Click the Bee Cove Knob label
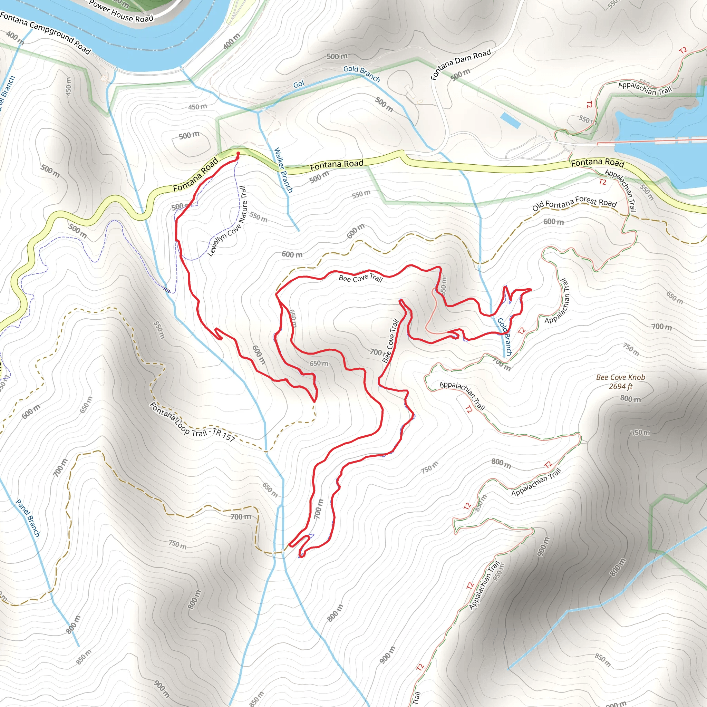point(621,377)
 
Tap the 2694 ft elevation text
point(621,386)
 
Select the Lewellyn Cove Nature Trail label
point(227,221)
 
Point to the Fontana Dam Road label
point(461,65)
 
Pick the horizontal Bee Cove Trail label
point(360,278)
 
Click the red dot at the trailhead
point(238,153)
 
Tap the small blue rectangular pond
point(511,120)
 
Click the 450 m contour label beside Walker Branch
point(197,107)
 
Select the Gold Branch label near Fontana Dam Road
point(361,74)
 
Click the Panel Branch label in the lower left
point(28,518)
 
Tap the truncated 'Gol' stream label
point(299,84)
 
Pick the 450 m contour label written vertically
point(68,86)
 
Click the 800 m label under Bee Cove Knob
point(630,399)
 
